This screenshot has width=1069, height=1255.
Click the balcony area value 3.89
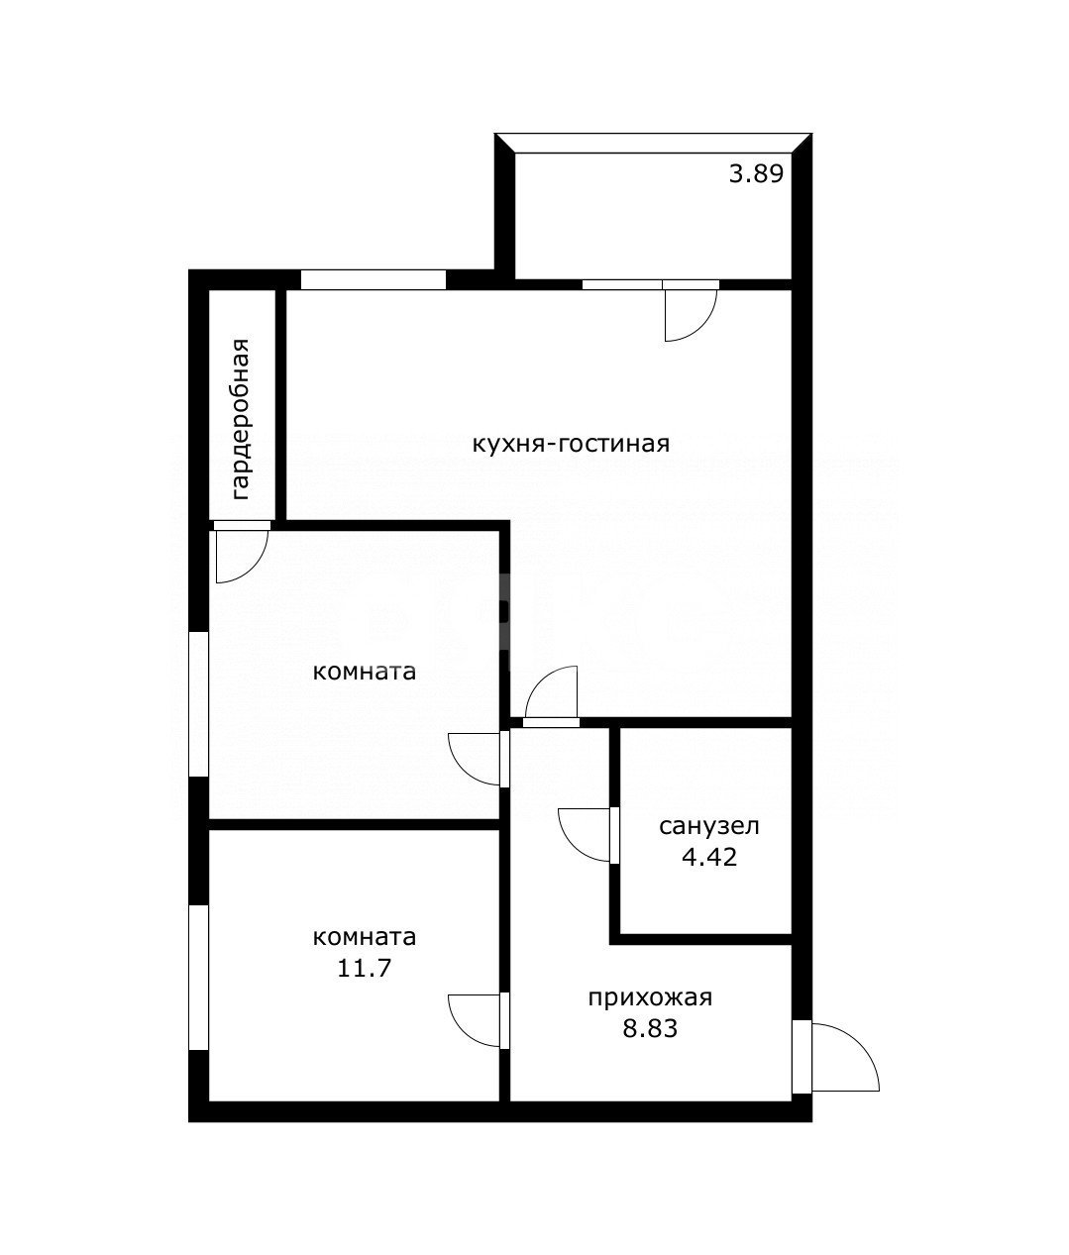[x=756, y=175]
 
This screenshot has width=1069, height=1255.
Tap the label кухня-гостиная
[x=571, y=445]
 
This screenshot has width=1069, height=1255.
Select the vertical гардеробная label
[x=241, y=420]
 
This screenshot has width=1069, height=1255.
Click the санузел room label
[x=708, y=826]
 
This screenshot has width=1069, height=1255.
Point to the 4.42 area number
[x=709, y=858]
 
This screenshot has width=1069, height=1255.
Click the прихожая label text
[x=650, y=998]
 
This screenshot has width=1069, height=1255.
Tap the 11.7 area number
[x=364, y=968]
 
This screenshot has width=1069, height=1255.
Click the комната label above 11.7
[x=365, y=937]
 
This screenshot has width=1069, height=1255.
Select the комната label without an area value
[x=365, y=673]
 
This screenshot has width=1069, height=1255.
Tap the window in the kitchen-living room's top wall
[x=374, y=280]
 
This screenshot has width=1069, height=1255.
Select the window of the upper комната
[x=198, y=704]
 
